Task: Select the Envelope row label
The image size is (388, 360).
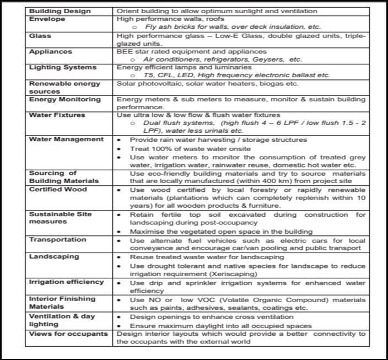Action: click(47, 19)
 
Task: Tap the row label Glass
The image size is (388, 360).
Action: click(40, 36)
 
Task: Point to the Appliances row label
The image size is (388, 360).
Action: click(51, 51)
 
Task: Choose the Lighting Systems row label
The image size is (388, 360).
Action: click(62, 67)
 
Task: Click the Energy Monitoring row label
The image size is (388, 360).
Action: click(64, 100)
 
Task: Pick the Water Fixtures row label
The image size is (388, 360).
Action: click(57, 116)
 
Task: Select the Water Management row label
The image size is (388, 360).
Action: click(66, 139)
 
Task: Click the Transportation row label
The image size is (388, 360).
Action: click(58, 240)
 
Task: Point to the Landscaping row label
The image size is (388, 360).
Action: click(54, 256)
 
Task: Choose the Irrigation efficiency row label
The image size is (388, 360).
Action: click(66, 282)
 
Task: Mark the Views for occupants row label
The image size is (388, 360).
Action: click(68, 334)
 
